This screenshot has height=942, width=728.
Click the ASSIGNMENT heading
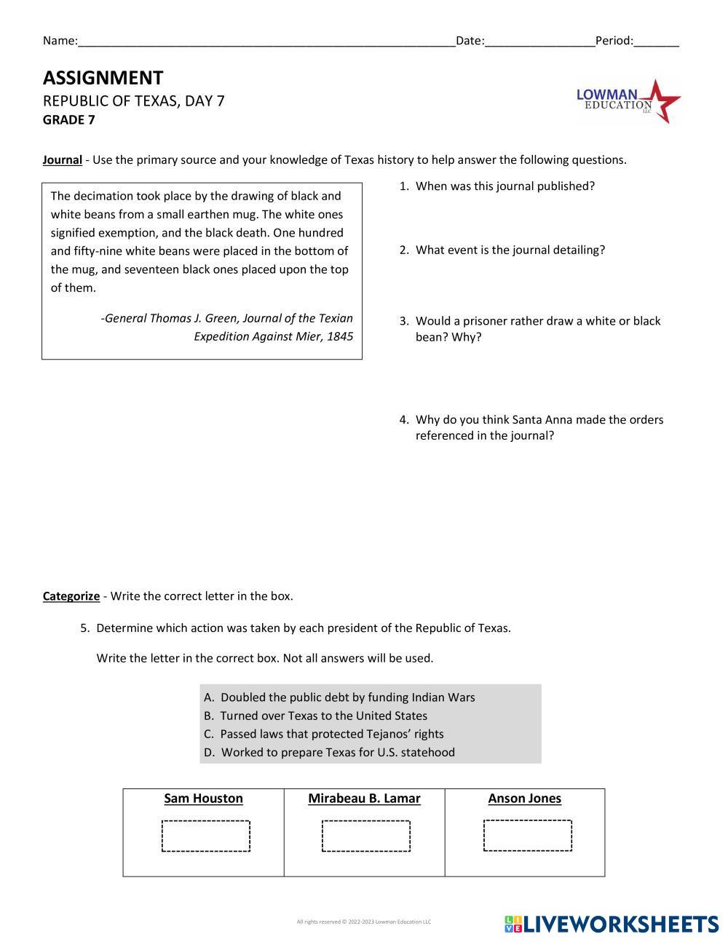(x=103, y=78)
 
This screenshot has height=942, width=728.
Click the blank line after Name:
(x=266, y=42)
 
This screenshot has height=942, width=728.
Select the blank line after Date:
(x=539, y=42)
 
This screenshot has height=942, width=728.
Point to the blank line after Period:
(x=656, y=42)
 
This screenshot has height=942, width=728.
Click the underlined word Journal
(x=62, y=160)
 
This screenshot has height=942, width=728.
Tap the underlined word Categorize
(x=71, y=596)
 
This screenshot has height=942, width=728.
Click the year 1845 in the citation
(x=340, y=336)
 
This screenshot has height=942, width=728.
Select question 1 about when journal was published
(x=504, y=186)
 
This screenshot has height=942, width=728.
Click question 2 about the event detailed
(x=509, y=250)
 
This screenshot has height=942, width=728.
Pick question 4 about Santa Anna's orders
(x=538, y=427)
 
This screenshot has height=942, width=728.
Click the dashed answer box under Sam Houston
(x=206, y=836)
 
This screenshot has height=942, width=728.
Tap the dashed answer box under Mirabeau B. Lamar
(x=365, y=836)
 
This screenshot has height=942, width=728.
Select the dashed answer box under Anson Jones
(x=527, y=835)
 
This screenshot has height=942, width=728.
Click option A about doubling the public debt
(x=347, y=697)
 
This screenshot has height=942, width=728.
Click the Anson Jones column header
(x=524, y=799)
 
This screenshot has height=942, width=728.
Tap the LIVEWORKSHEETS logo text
(x=620, y=924)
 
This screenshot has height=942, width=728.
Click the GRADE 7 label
(x=68, y=120)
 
